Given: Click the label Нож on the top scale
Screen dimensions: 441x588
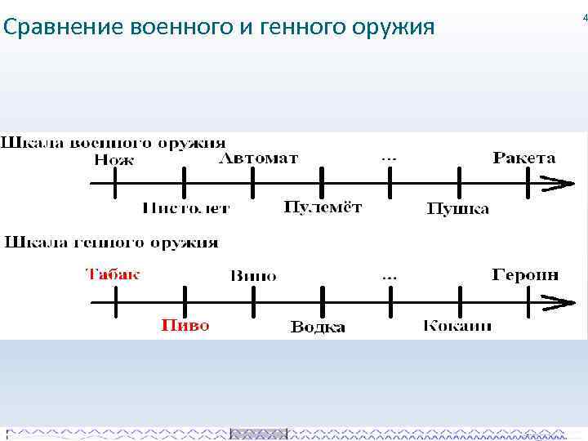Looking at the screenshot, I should point(114,160).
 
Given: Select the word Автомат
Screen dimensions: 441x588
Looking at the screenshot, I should point(259,158).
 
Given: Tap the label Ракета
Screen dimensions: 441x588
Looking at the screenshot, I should point(524,158).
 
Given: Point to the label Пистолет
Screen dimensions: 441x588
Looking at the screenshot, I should point(186,208).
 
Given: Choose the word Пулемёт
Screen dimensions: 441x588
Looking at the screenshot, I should point(323,207).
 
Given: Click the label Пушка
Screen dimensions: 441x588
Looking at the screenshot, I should point(458,209).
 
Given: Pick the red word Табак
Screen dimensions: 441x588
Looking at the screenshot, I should point(113,274).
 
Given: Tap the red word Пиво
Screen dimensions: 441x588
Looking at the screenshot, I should point(185,325).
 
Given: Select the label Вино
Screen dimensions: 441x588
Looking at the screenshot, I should point(253,276).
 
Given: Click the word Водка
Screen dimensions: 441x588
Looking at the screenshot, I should point(318,327).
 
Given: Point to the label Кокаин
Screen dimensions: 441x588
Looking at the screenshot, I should point(457,326).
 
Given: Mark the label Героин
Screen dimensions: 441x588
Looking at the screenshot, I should point(525,275).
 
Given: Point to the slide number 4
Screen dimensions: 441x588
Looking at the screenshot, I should point(585,17).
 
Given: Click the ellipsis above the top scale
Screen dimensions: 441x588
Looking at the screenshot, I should point(390,156).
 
